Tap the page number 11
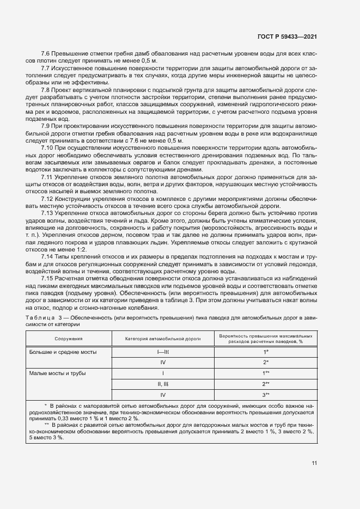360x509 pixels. coord(314,463)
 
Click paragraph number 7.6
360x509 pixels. coord(46,53)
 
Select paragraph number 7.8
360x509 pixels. coord(46,89)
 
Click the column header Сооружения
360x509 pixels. coord(68,338)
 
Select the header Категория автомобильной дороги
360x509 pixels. coord(163,338)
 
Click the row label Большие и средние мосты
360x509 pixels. coord(63,352)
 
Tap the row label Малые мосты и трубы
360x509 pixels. coord(59,373)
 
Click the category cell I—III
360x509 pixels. coord(163,352)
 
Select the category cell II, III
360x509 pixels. coord(163,384)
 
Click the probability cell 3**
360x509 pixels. coord(266,395)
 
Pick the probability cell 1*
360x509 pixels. coord(266,352)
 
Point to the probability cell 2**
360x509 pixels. coord(266,384)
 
